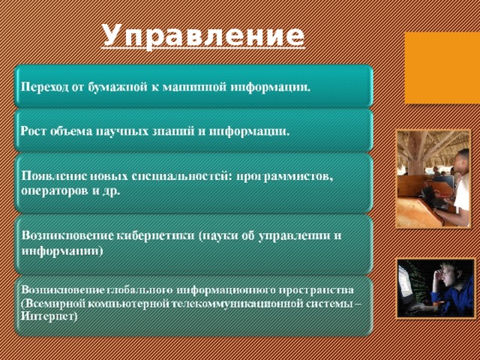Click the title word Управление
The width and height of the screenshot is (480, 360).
point(203,35)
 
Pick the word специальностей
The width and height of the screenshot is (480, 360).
point(181,176)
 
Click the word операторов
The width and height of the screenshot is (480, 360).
point(52,190)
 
